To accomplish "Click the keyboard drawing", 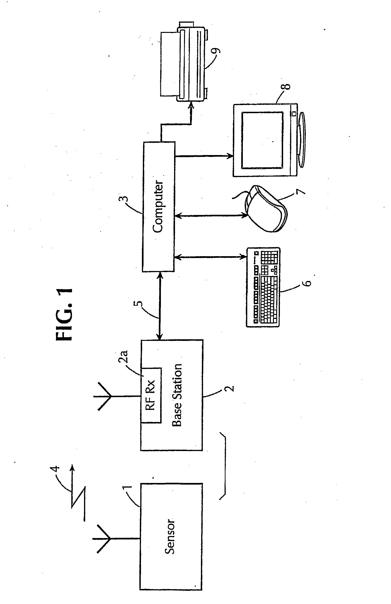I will [x=263, y=287].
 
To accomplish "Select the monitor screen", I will [x=262, y=140].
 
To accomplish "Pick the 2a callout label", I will [x=124, y=356].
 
